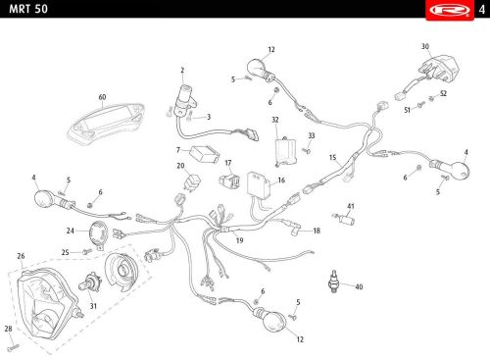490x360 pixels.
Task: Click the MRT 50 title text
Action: pos(28,9)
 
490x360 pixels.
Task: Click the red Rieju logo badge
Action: pos(450,10)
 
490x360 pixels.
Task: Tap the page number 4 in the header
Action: pos(482,10)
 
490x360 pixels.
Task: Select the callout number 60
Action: pos(102,97)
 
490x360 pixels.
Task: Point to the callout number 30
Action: pos(425,46)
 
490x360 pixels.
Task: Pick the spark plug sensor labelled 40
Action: pos(333,282)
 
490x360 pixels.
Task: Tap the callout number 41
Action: pos(351,206)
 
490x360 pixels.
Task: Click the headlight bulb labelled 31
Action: pos(90,283)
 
